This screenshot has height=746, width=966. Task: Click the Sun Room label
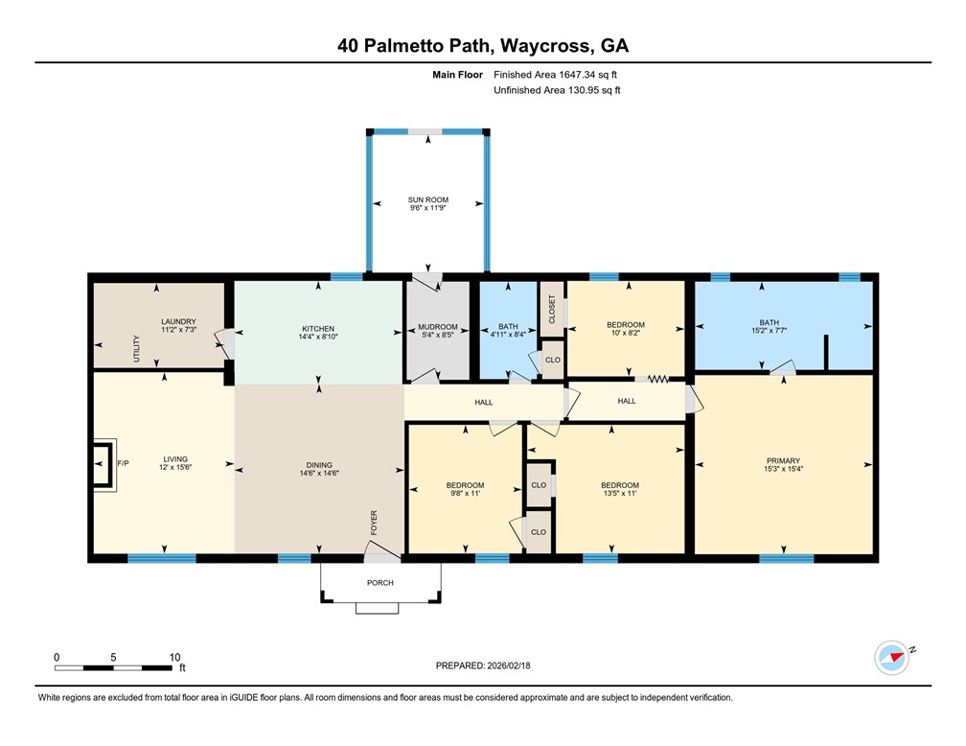427,199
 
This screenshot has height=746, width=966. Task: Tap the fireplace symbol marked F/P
101,465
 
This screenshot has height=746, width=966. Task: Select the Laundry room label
178,321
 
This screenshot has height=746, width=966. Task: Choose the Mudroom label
437,326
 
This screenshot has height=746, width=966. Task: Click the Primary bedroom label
782,460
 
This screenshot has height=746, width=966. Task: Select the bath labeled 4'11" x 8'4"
507,335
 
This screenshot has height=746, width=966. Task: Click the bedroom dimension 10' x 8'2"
626,334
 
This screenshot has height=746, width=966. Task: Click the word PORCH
380,582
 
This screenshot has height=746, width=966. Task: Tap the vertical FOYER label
375,524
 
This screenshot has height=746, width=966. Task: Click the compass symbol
891,658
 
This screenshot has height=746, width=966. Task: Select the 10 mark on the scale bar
174,657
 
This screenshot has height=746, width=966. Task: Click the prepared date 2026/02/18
522,664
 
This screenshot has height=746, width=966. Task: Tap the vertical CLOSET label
552,309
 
